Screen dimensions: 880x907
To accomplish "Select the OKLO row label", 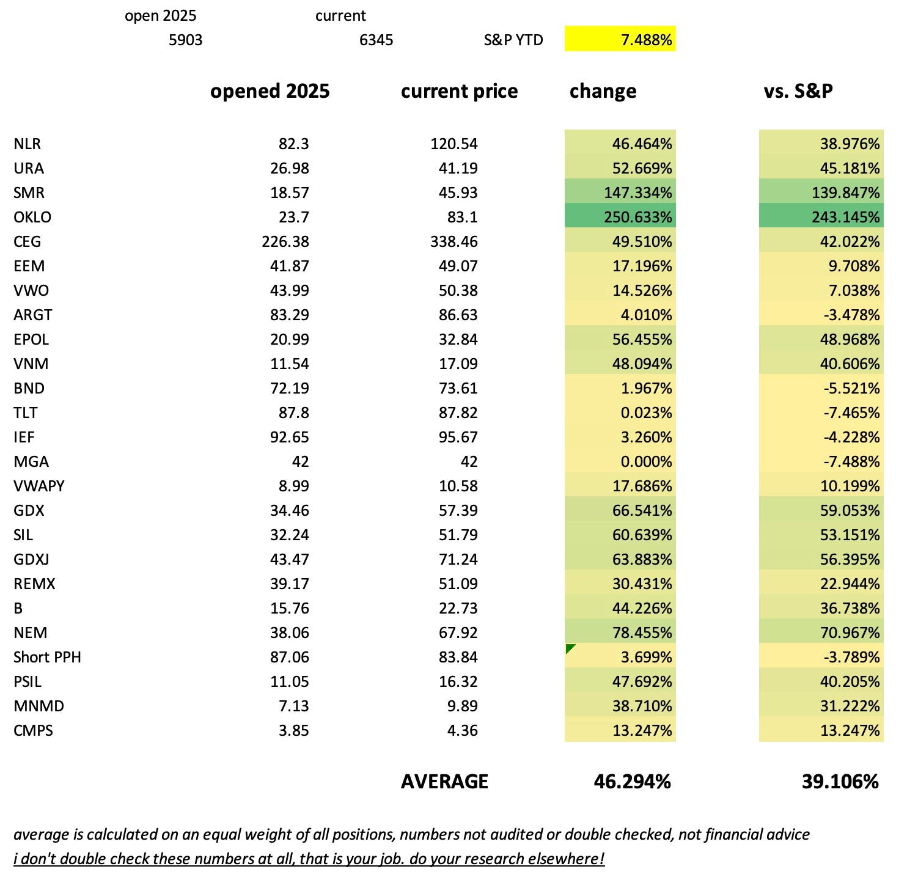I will click(x=32, y=217).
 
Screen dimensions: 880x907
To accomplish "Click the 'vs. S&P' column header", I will click(x=798, y=91).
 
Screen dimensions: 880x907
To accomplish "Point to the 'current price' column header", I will click(x=459, y=91).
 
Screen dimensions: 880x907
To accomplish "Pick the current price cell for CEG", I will click(x=453, y=241).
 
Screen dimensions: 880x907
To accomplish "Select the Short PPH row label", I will click(x=47, y=657).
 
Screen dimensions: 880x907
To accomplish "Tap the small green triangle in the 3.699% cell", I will click(x=570, y=648).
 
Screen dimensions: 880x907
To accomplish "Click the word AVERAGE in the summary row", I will click(x=444, y=782).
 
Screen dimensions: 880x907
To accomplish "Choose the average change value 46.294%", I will click(x=632, y=782).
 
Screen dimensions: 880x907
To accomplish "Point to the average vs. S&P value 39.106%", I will click(x=840, y=782).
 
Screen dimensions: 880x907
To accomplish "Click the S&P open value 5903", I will click(x=185, y=40).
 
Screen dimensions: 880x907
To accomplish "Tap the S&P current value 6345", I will click(x=376, y=40).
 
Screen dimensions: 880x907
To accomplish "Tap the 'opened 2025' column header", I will click(x=270, y=91).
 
